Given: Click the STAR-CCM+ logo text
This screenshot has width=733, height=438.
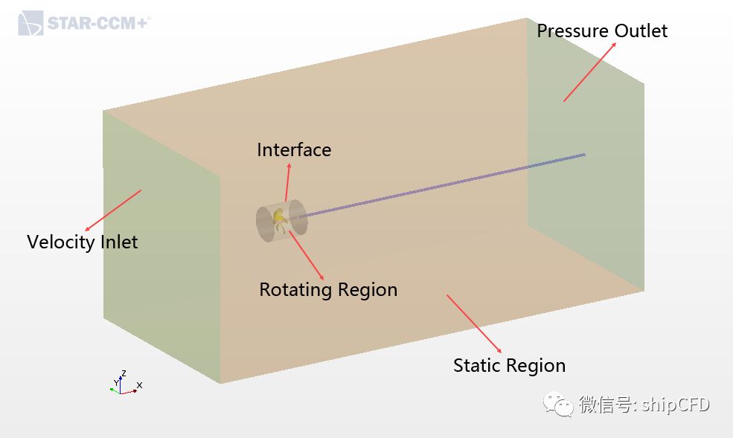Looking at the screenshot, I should pos(97,23).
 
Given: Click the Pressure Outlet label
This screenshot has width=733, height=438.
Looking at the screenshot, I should pos(602,30).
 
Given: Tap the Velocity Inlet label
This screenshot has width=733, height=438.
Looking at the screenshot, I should pos(82,242).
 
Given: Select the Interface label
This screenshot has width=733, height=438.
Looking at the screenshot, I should pos(294,149).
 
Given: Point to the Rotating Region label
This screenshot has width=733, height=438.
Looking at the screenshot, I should pos(328,289).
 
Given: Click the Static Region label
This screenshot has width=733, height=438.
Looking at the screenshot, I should pos(509,365).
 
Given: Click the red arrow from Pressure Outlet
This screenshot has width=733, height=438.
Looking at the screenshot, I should pos(589,71).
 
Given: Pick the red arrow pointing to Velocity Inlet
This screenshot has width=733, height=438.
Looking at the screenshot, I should pos(113,210).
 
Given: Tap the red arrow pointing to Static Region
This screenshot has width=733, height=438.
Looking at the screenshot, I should pos(474,323).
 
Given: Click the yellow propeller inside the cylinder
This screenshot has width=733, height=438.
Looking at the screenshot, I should pos(279,217).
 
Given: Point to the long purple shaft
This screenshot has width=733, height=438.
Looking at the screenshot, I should pos(446,185).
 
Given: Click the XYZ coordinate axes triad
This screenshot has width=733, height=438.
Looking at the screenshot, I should pos(124,383).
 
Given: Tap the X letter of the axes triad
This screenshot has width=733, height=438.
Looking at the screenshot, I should pos(139,385).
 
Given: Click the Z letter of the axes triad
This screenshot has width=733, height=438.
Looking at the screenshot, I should pos(123,373).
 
